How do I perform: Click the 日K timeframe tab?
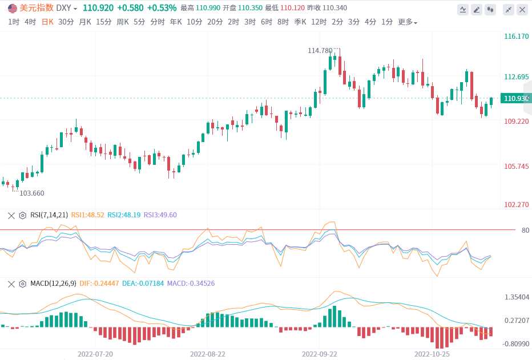(x=47, y=22)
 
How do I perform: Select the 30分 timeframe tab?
(x=66, y=22)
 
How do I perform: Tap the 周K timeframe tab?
(x=123, y=22)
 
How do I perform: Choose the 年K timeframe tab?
(x=176, y=22)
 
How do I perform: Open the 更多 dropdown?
(x=408, y=22)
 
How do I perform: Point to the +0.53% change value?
(x=162, y=8)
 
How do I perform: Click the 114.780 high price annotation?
(x=320, y=51)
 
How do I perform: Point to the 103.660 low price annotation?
(x=32, y=193)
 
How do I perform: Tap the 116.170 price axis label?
(x=516, y=37)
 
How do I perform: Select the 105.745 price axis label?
(x=516, y=167)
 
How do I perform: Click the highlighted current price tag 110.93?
(x=516, y=99)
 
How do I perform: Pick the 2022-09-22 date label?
(x=320, y=354)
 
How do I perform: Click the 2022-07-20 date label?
(x=95, y=354)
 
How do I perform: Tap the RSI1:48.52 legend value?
(x=87, y=215)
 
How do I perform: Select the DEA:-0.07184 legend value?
(x=142, y=284)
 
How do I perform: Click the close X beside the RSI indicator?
(x=10, y=215)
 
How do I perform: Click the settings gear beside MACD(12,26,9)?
(x=23, y=284)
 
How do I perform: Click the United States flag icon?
(x=12, y=8)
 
